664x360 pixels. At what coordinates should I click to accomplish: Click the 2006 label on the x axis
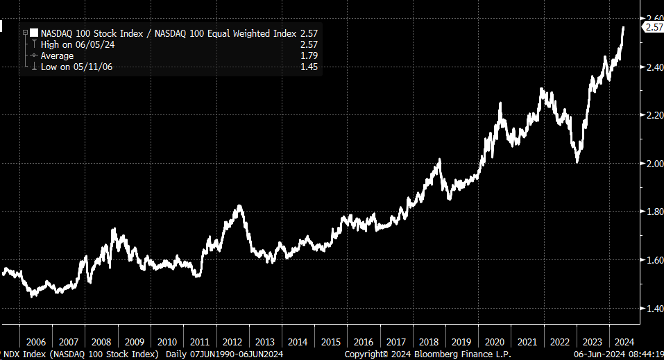click(x=35, y=342)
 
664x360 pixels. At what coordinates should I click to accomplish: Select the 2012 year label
click(x=232, y=342)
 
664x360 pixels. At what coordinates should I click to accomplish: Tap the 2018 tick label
click(x=429, y=342)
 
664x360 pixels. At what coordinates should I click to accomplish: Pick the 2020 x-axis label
click(x=495, y=342)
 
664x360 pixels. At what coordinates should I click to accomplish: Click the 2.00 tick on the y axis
click(x=652, y=163)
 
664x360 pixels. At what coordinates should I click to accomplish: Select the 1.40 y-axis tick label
click(x=652, y=309)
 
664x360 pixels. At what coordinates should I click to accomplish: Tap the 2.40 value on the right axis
click(x=652, y=67)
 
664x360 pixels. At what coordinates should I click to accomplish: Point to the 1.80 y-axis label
click(x=652, y=212)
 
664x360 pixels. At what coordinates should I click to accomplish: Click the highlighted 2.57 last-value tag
click(x=654, y=27)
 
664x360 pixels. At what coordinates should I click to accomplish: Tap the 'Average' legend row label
click(x=57, y=55)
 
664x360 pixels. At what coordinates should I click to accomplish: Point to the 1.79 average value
click(x=309, y=55)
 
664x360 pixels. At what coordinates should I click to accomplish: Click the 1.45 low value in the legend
click(x=309, y=67)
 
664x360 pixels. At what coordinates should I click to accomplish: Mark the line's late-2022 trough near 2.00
click(x=577, y=162)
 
